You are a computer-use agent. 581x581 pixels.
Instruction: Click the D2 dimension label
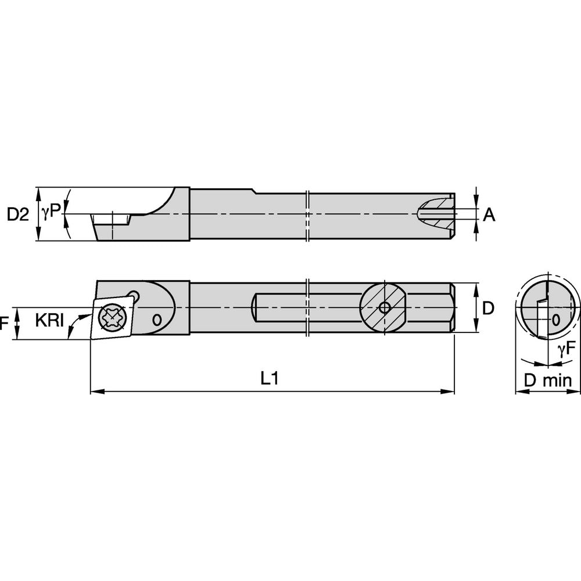click(17, 214)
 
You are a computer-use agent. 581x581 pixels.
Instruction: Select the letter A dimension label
click(489, 215)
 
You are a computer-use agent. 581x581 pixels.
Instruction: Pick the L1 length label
click(270, 379)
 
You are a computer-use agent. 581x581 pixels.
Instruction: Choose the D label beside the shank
click(488, 308)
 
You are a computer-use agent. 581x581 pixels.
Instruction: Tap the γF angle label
click(566, 349)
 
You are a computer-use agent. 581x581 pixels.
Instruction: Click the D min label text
click(548, 381)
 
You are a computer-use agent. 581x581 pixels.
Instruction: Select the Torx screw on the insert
click(111, 317)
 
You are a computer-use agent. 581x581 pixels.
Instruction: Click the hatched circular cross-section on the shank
click(382, 307)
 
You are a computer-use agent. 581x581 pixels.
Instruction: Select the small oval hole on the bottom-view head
click(156, 320)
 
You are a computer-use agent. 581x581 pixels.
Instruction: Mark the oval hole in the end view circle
click(556, 319)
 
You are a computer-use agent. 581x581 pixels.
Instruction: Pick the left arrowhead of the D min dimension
click(520, 392)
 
